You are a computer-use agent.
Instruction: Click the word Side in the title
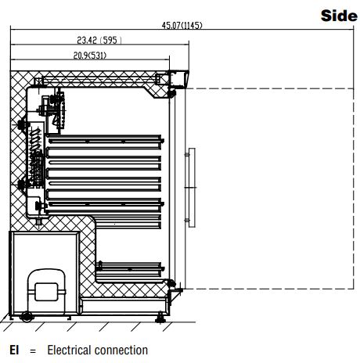[x=339, y=16]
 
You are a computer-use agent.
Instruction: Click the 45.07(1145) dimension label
[x=182, y=25]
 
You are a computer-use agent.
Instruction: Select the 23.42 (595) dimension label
[x=99, y=40]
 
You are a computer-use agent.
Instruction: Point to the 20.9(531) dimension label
[x=90, y=56]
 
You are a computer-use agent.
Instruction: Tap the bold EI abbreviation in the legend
[x=14, y=350]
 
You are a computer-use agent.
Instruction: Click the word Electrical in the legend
[x=69, y=350]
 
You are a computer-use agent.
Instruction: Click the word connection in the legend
[x=121, y=350]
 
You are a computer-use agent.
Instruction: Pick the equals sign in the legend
[x=33, y=350]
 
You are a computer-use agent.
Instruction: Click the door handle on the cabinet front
[x=191, y=188]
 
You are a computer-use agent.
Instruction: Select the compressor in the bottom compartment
[x=46, y=291]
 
